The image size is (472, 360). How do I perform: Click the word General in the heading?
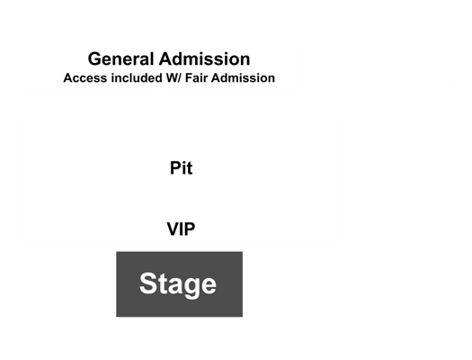click(121, 58)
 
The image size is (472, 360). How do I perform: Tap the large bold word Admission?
click(205, 58)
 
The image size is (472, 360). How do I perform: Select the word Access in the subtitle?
click(85, 78)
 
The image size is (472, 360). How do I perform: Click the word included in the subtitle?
click(137, 78)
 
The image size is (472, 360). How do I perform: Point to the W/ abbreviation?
click(174, 78)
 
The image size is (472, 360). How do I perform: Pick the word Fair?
click(196, 78)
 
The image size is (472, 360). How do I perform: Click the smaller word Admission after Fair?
click(244, 78)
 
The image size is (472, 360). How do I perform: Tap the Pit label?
click(182, 167)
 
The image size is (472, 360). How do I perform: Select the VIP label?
click(181, 229)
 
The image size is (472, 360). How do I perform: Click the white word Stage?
click(178, 283)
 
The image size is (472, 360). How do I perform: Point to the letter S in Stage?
click(148, 283)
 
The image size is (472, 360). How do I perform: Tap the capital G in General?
click(94, 58)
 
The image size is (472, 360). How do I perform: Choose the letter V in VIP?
click(174, 229)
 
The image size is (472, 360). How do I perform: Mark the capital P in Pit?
click(175, 167)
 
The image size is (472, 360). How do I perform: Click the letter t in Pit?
click(190, 168)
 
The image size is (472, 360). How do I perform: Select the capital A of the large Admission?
click(166, 58)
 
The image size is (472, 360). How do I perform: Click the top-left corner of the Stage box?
click(117, 252)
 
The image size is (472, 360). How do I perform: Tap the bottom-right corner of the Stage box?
click(243, 317)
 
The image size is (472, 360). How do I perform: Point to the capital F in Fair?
click(189, 77)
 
